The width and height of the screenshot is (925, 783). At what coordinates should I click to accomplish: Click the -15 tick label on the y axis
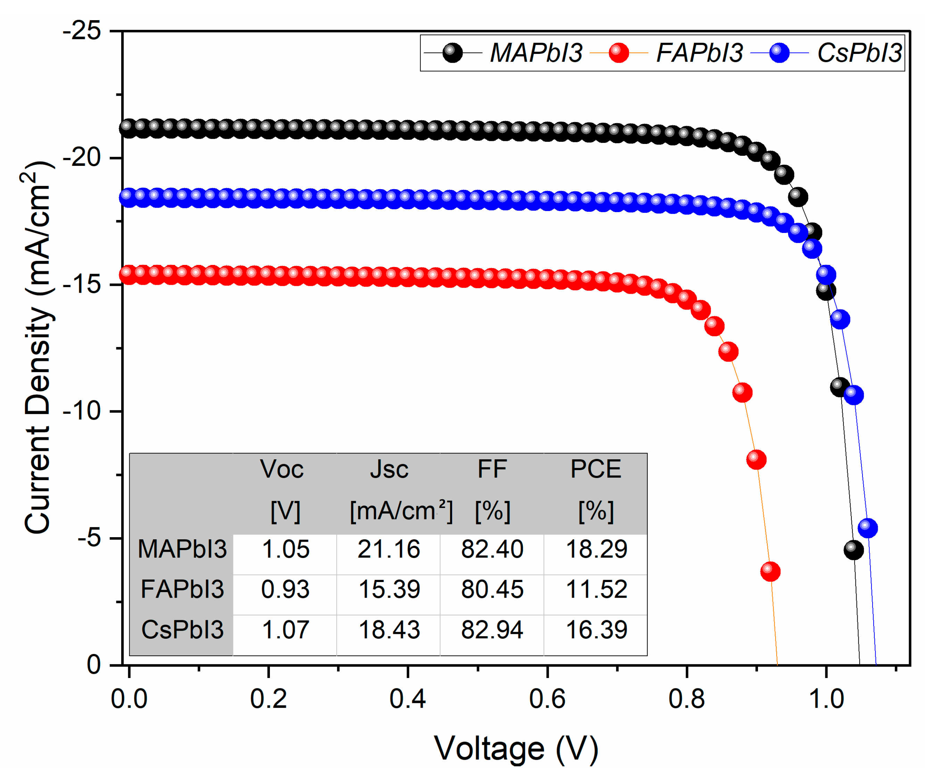[82, 284]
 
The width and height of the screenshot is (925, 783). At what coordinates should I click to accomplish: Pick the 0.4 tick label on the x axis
[407, 699]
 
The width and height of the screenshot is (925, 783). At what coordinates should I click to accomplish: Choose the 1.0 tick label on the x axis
[826, 699]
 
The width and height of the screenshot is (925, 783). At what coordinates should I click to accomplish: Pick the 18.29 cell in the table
[596, 549]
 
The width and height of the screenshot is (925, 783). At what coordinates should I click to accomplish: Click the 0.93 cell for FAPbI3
[285, 589]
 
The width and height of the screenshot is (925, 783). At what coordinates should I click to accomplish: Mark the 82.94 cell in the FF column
[492, 629]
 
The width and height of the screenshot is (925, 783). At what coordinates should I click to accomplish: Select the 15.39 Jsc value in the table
[389, 589]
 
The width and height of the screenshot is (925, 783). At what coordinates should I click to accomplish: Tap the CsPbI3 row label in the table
[182, 629]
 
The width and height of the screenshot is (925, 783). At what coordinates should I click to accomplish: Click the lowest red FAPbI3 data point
[770, 571]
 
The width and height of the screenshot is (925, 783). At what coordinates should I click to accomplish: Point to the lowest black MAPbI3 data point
[853, 550]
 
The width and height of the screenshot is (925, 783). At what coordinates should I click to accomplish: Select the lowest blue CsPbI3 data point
[868, 528]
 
